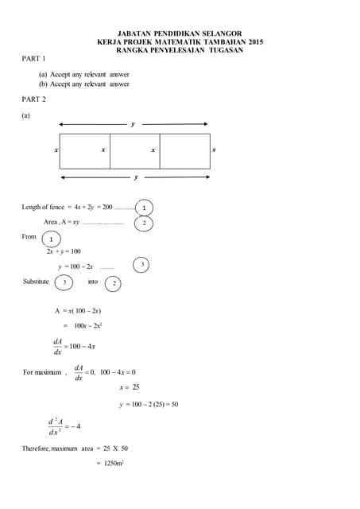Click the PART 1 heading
34,59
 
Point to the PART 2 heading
34,99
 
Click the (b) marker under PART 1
43,84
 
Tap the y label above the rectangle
133,125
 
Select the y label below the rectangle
136,177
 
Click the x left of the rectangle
56,150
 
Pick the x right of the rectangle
214,150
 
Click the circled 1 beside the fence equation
144,208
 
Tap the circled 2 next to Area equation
144,223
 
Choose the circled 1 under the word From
50,239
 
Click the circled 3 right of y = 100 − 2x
141,264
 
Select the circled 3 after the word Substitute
64,282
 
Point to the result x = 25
129,387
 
